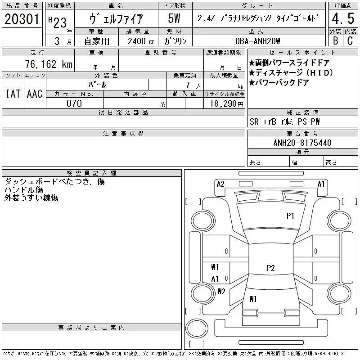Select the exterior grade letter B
point(335,40)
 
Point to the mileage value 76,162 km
point(53,64)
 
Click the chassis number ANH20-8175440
point(302,143)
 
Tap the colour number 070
point(74,103)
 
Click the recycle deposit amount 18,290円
point(224,103)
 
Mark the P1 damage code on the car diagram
point(290,216)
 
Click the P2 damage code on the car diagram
point(270,268)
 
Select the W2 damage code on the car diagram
point(221,291)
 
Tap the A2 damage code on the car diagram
point(220,184)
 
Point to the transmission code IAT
point(12,94)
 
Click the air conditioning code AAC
point(34,94)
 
